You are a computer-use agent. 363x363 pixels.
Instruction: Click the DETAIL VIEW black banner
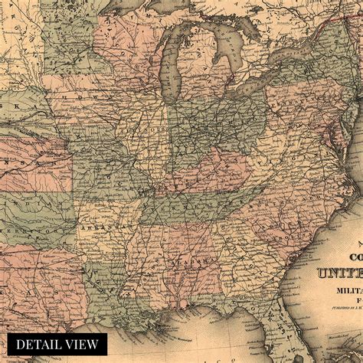(58, 344)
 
